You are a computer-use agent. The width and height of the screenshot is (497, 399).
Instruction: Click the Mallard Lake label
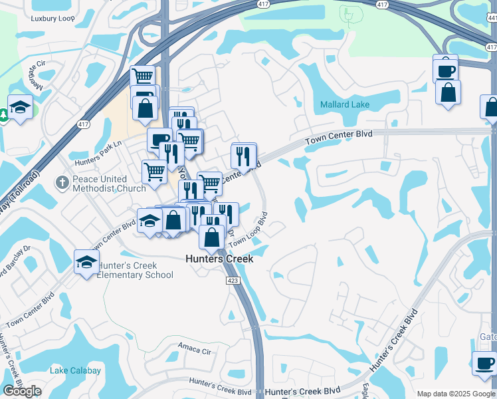coord(344,104)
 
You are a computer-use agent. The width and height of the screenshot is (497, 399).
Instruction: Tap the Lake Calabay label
coord(76,370)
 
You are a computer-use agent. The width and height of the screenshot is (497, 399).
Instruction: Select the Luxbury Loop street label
coord(52,19)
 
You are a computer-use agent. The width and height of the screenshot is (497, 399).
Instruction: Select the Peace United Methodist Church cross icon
coord(62,181)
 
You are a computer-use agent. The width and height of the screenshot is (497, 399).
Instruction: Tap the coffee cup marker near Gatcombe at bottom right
coord(484,363)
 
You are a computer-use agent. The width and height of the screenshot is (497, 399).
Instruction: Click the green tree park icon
coord(3,115)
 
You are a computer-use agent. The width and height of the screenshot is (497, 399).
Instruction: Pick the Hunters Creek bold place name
coord(219,259)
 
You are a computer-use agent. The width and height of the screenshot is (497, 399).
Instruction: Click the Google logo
coord(22,390)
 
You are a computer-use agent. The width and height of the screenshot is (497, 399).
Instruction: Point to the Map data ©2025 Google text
coord(456,394)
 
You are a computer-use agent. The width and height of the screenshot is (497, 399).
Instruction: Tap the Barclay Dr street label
coord(20,261)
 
